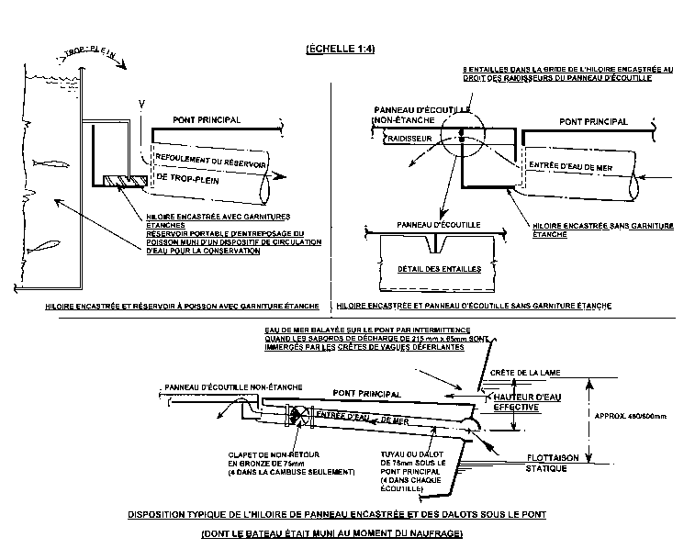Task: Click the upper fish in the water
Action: [54, 162]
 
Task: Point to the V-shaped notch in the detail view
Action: [443, 243]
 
